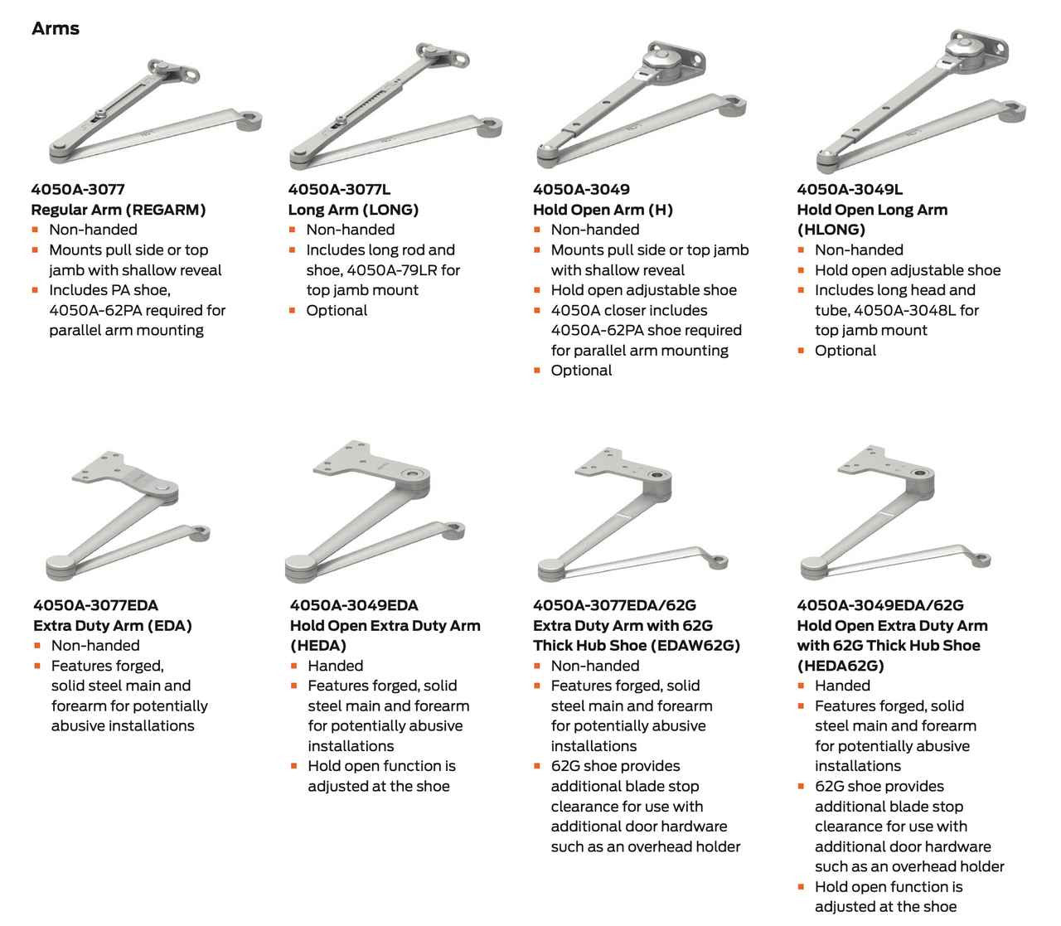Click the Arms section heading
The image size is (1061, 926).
(56, 28)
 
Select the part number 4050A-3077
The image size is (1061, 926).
(78, 189)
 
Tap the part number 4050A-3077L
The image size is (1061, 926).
(339, 189)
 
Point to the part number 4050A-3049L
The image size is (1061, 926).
(850, 189)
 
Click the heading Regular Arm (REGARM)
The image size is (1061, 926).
(119, 210)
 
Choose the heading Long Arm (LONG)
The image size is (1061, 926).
(353, 210)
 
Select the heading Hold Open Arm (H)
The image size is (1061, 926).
(603, 210)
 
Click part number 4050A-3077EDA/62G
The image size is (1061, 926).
(614, 605)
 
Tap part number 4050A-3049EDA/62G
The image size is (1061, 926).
(880, 605)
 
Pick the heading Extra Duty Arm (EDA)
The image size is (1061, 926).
(113, 625)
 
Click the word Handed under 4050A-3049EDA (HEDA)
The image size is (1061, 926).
(335, 665)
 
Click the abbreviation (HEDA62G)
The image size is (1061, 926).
(840, 665)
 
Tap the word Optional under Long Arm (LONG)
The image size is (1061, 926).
(337, 310)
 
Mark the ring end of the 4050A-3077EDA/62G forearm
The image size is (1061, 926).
(719, 561)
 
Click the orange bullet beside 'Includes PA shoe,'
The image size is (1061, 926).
(35, 290)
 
